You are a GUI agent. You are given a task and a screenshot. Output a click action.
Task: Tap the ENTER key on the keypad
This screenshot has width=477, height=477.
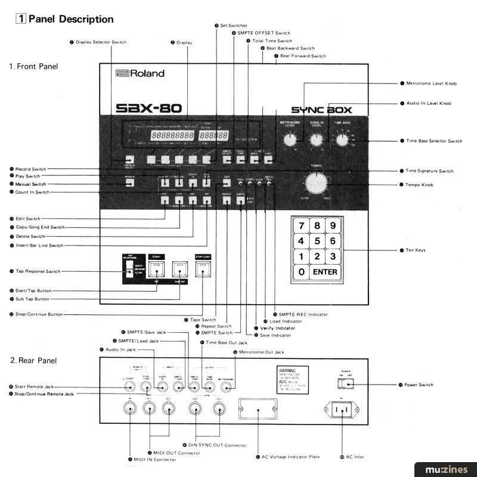(324, 272)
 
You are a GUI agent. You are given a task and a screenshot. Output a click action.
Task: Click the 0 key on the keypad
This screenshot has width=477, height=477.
(302, 272)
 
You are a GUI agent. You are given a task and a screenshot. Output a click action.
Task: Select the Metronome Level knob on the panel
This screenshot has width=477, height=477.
(290, 140)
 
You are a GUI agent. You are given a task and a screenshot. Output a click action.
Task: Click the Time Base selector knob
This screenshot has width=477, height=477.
(342, 140)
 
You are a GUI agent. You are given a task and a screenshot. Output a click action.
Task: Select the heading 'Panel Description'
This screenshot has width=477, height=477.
(70, 19)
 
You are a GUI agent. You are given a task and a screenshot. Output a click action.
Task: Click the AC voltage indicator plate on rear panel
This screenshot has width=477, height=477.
(256, 411)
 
